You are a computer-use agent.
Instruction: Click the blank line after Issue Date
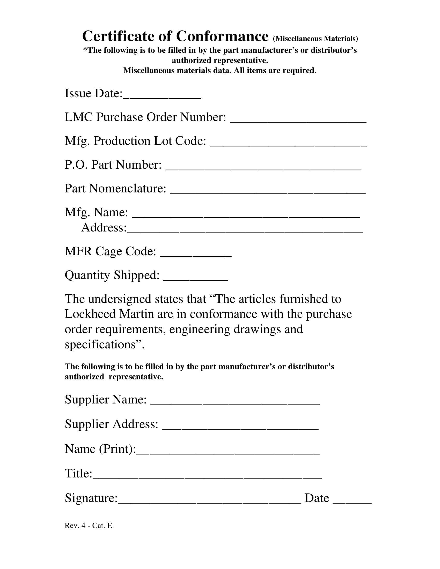pyautogui.click(x=162, y=96)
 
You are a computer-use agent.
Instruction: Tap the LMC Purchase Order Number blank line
pyautogui.click(x=298, y=119)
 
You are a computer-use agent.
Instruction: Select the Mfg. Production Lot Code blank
pyautogui.click(x=288, y=144)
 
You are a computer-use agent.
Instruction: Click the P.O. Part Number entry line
pyautogui.click(x=263, y=167)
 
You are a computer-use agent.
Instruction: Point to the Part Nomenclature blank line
pyautogui.click(x=268, y=191)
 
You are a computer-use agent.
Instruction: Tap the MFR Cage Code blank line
pyautogui.click(x=195, y=254)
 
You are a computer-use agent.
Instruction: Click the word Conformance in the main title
pyautogui.click(x=222, y=36)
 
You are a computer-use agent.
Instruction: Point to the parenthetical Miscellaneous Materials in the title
pyautogui.click(x=315, y=39)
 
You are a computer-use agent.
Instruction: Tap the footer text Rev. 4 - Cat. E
pyautogui.click(x=88, y=526)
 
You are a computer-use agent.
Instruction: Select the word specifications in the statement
pyautogui.click(x=100, y=345)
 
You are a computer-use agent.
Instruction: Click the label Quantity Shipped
pyautogui.click(x=112, y=275)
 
